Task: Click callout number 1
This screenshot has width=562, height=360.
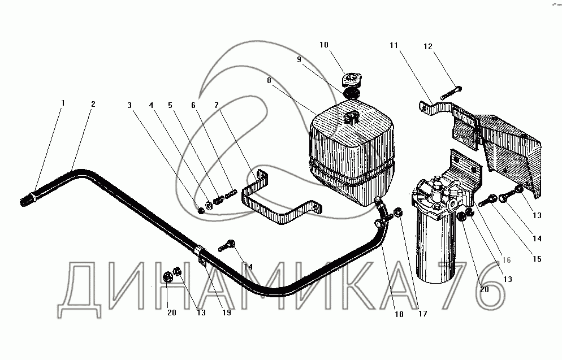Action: tap(63, 103)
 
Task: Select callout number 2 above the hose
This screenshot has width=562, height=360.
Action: tap(93, 104)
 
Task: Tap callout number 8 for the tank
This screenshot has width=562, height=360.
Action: tap(269, 80)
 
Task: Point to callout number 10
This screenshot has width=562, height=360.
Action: tap(323, 45)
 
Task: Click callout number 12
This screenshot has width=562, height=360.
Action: tap(428, 46)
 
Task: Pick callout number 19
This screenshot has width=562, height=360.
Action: tap(227, 313)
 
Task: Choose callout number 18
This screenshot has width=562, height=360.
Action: tap(399, 314)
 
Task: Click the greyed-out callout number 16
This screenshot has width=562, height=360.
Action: tap(507, 260)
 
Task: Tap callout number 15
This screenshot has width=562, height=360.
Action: tap(537, 259)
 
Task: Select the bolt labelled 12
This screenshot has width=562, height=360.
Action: tap(451, 93)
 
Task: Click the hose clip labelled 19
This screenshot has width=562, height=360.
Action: tap(202, 257)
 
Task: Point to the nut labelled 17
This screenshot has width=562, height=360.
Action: tap(398, 213)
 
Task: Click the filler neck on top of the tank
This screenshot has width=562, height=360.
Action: tap(352, 116)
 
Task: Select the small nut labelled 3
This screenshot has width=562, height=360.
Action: tap(201, 211)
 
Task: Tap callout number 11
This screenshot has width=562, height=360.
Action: tap(394, 45)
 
